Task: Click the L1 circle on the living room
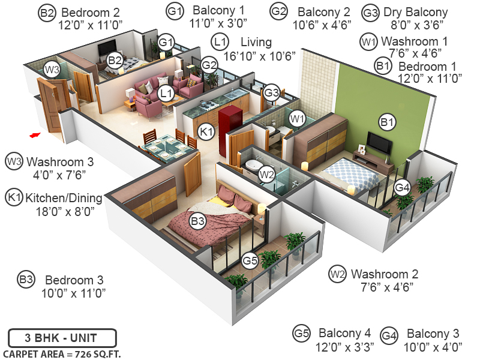click(166, 93)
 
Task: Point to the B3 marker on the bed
click(198, 221)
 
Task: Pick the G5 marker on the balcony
click(250, 261)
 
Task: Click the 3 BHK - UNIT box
click(62, 338)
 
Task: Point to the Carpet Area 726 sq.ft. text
click(62, 354)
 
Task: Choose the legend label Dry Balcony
click(415, 12)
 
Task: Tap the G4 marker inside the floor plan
click(403, 188)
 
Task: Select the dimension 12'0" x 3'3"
click(345, 347)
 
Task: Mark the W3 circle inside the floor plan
click(52, 70)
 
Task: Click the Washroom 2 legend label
click(385, 274)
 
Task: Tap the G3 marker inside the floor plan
click(271, 93)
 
